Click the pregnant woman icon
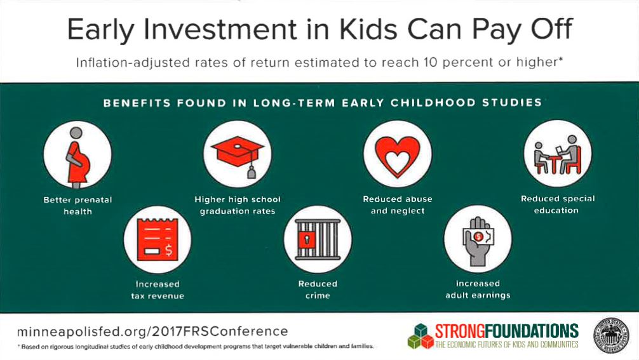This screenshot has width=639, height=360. pos(77,157)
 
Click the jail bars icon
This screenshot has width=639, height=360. pos(318,240)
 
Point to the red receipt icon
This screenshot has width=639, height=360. pos(158,239)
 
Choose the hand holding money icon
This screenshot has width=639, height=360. pos(478,241)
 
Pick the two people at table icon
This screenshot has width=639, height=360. pos(558,155)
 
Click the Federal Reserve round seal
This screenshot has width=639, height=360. pos(612,336)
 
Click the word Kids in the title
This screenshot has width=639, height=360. pos(368,30)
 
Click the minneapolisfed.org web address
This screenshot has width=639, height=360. pos(152,331)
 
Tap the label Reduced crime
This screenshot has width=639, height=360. pos(318,290)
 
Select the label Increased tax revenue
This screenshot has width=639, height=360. pos(158,290)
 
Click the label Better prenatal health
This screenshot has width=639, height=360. pos(77,206)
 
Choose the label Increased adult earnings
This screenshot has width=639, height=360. pos(478,289)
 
